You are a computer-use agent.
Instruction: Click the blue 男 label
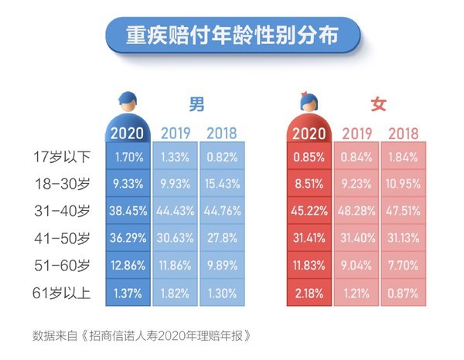point(197,104)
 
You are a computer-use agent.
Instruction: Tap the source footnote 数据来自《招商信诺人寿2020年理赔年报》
point(142,337)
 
